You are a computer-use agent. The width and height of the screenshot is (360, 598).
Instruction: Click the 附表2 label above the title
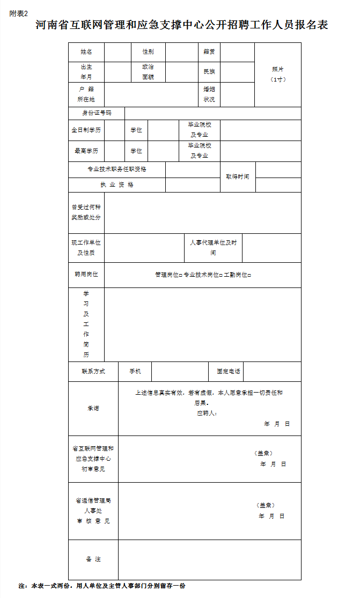tap(18, 13)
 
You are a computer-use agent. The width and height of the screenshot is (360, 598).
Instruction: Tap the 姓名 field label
tap(86, 52)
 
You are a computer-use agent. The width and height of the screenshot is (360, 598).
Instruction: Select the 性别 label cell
tap(148, 52)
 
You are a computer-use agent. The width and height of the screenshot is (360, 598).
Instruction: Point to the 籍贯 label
tap(209, 52)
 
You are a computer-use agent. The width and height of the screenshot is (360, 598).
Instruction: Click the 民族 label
tap(209, 72)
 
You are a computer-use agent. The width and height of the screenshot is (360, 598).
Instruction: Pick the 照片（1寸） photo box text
tap(278, 74)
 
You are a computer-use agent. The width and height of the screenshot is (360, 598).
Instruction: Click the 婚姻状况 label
tap(209, 94)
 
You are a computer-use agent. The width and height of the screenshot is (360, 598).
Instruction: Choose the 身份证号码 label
tap(97, 113)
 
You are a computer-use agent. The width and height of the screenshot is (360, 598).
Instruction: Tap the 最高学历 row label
tap(86, 151)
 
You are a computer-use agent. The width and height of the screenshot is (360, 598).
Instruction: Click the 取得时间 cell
tap(237, 176)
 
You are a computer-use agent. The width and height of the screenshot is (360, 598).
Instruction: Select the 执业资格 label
tap(117, 184)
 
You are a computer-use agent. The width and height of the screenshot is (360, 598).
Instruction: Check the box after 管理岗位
tap(181, 275)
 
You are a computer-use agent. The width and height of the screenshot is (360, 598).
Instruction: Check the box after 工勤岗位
tap(249, 275)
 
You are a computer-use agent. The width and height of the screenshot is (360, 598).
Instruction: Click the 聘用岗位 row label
tap(86, 275)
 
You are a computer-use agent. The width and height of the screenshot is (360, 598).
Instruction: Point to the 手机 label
tap(135, 371)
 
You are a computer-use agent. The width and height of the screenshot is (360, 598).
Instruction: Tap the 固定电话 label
tap(229, 371)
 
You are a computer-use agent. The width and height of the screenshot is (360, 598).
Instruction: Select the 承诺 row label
tap(93, 408)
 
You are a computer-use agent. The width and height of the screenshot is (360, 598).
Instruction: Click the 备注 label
tap(93, 559)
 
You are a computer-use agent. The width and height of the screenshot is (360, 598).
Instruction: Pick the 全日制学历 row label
tap(86, 130)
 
